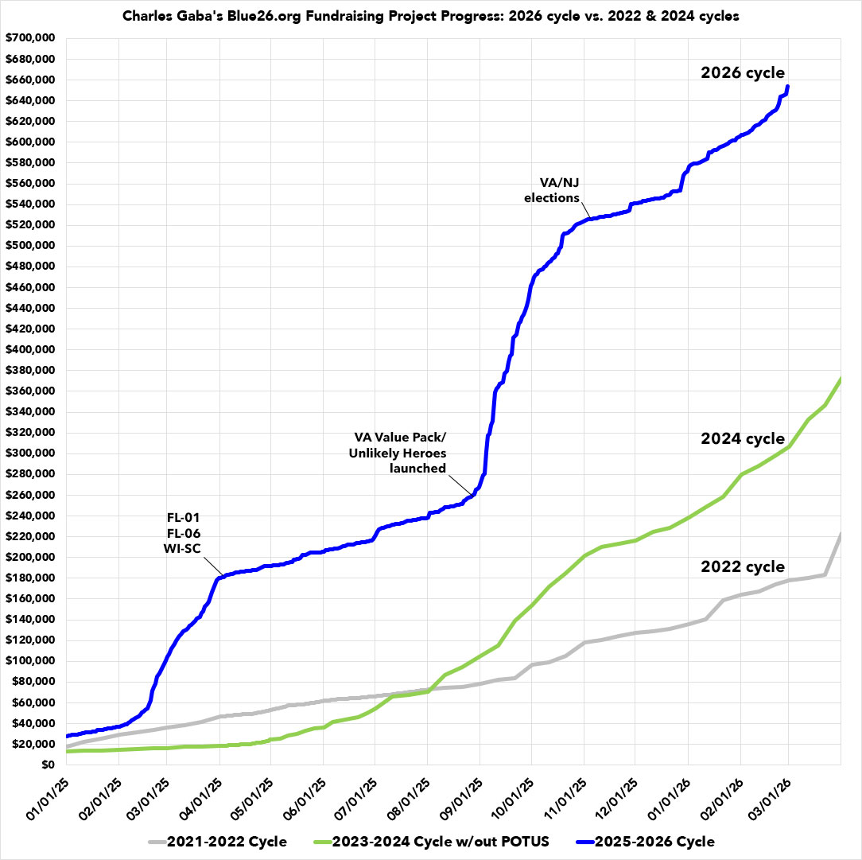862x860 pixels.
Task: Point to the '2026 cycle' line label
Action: (x=742, y=72)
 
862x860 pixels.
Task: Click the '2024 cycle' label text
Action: (x=742, y=439)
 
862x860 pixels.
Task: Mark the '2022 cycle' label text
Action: (x=742, y=567)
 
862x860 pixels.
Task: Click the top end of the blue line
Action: (x=787, y=86)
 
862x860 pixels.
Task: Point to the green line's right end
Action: (x=841, y=379)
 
